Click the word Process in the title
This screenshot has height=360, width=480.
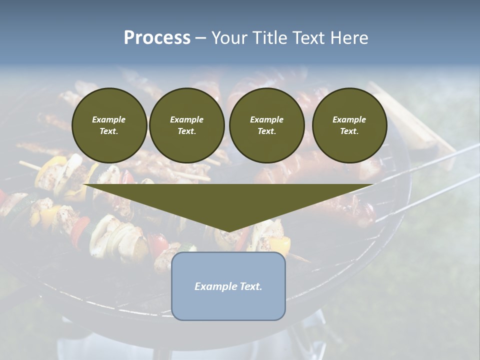tap(157, 38)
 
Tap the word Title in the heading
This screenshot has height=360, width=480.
tap(267, 38)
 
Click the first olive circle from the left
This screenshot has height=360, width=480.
tap(109, 125)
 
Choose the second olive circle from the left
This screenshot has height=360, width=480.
tap(186, 125)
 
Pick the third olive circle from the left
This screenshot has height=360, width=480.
tap(266, 125)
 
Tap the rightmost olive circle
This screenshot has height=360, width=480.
tap(349, 125)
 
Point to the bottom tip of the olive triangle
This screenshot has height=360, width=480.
tap(228, 231)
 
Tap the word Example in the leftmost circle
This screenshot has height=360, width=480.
tap(109, 119)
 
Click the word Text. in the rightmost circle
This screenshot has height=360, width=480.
tap(349, 131)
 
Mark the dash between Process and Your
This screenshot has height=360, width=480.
tap(200, 38)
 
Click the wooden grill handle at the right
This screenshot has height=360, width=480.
tap(410, 117)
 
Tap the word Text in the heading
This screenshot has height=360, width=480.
tap(308, 38)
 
